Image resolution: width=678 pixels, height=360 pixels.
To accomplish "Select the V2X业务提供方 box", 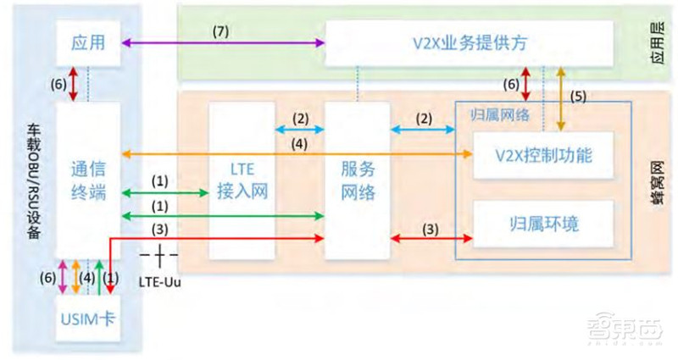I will [469, 42].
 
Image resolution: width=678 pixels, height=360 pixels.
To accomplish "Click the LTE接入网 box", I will [242, 180].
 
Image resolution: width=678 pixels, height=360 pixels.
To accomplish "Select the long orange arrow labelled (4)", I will [297, 155].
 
